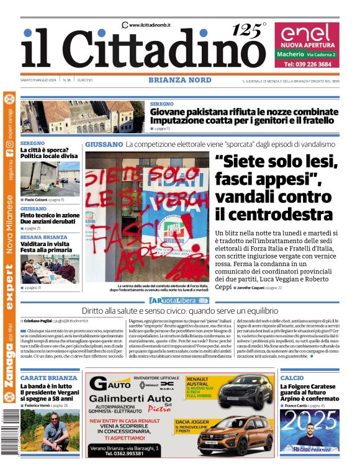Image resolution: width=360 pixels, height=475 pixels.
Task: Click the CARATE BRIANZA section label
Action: pos(48,377)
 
